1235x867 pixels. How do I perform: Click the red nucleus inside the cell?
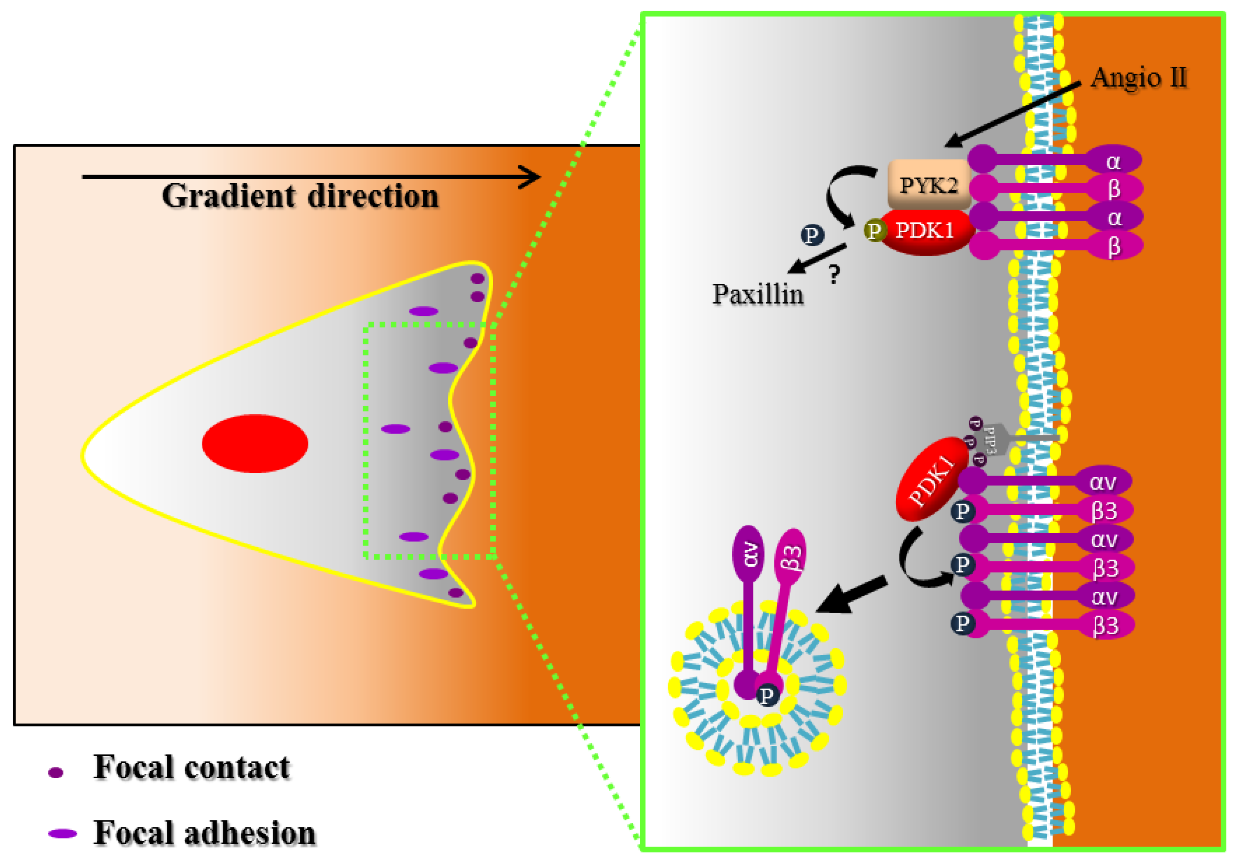254,443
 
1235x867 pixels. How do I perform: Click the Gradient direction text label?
300,196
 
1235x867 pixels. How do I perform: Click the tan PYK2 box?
929,184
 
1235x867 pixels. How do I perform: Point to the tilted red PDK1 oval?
931,478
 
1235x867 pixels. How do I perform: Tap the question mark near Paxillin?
834,274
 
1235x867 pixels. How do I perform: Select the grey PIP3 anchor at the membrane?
995,438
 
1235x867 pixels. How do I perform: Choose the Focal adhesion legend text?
205,833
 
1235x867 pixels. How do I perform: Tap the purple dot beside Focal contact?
56,773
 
